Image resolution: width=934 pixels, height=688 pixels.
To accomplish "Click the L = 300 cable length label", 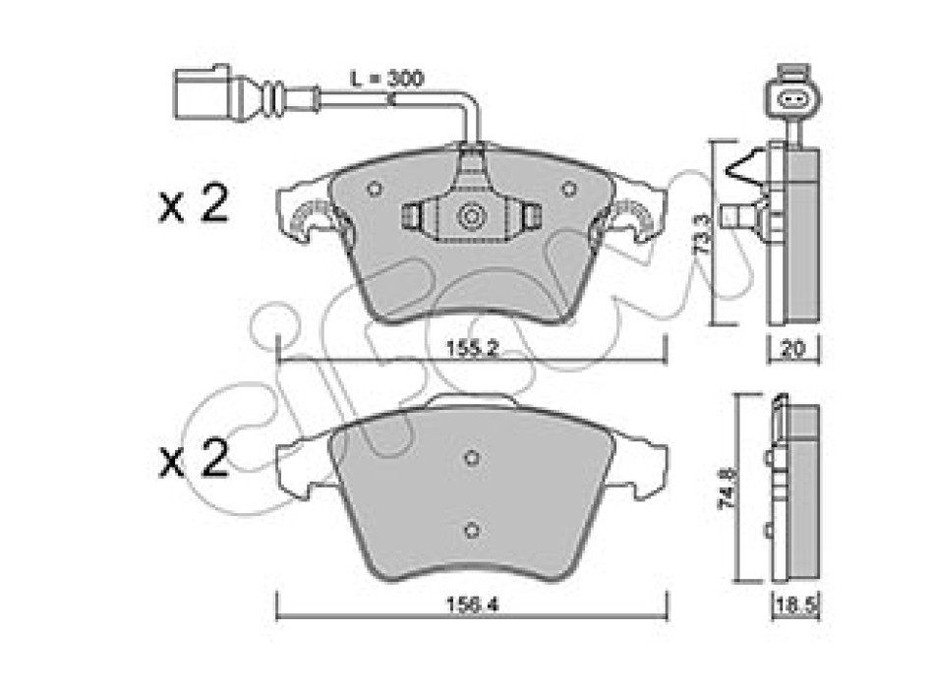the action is (385, 78).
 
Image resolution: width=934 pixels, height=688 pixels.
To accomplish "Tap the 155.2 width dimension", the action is (472, 349).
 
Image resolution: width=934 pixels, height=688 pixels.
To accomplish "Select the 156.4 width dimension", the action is (472, 605).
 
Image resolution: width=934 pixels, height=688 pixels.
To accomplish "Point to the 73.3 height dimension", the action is (704, 235).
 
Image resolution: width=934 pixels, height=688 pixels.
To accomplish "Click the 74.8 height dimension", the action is (729, 487).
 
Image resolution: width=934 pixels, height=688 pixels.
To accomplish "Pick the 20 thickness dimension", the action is (792, 349).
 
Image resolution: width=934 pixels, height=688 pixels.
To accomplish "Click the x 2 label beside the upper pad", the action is (194, 204).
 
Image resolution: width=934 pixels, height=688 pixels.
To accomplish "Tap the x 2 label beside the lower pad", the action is (194, 459).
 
